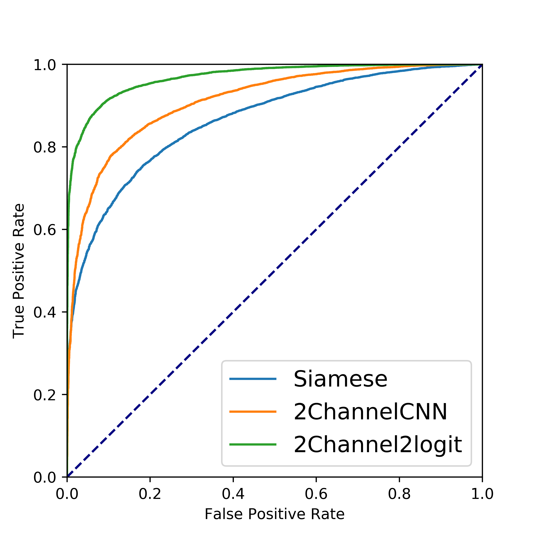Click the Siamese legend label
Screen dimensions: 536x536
(340, 379)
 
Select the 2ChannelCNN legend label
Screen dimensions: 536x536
(370, 412)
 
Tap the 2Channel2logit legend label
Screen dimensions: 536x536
(378, 444)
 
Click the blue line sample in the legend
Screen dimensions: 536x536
(253, 379)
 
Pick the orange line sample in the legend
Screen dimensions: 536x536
(253, 411)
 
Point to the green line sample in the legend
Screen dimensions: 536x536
(253, 444)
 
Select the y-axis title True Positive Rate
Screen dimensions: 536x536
(19, 271)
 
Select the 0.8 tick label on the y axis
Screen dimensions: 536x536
(45, 147)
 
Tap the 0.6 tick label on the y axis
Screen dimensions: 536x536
(45, 230)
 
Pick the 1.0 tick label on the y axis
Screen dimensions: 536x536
(45, 65)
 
